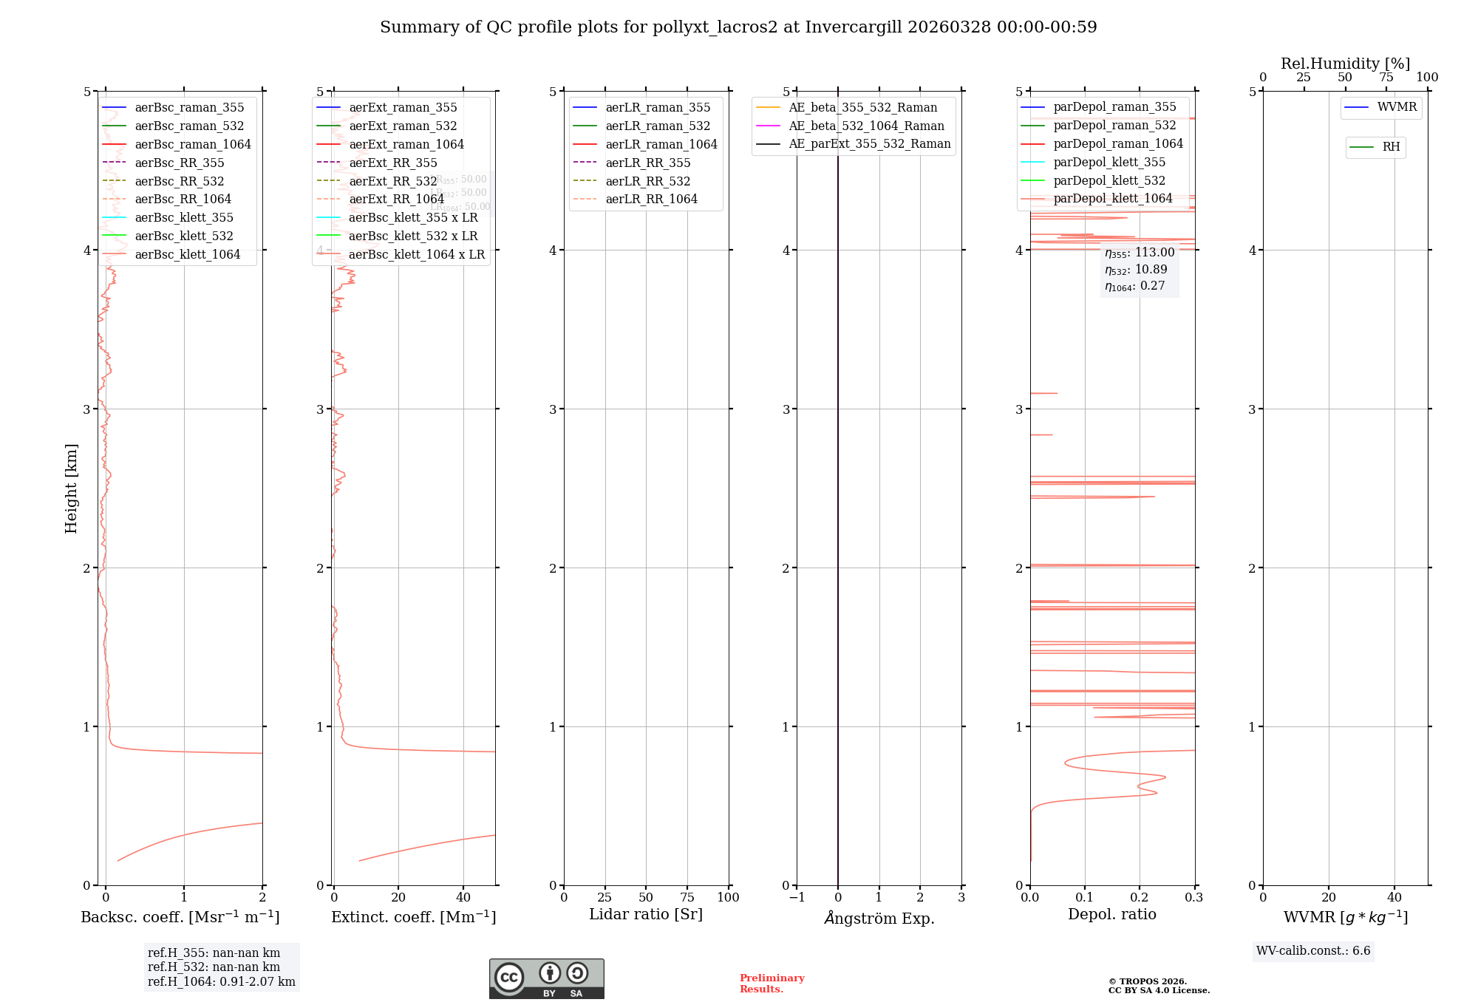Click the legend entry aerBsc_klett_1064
[x=187, y=255]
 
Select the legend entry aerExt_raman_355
[x=403, y=108]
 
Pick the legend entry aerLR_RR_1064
[x=651, y=200]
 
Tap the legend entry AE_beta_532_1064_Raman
[x=866, y=126]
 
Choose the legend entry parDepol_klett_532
[x=1108, y=181]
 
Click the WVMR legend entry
[x=1397, y=107]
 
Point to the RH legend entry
[x=1391, y=147]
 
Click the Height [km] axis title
[x=71, y=488]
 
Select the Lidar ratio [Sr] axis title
[x=645, y=915]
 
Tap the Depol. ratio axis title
[x=1111, y=915]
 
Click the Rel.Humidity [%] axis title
[x=1345, y=64]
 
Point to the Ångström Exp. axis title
[x=879, y=919]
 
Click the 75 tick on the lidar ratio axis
[x=687, y=898]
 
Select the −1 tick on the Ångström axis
[x=796, y=898]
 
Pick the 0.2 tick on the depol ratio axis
[x=1140, y=898]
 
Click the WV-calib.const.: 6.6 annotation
[x=1313, y=951]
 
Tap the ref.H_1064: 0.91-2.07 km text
[x=221, y=982]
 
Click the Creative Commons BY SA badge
[x=546, y=979]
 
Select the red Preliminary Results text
[x=772, y=984]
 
